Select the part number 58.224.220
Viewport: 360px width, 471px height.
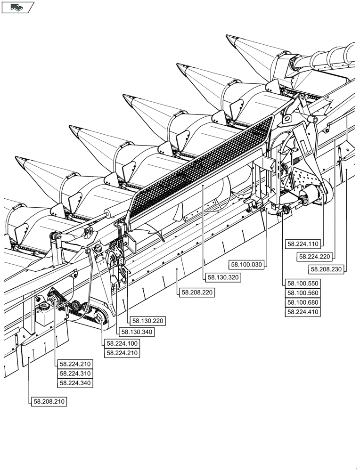pos(315,257)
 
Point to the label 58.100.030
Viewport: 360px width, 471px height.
pos(246,264)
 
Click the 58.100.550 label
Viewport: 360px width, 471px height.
pos(303,284)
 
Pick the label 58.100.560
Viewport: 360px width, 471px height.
pos(303,293)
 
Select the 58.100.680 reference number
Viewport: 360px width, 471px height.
pos(303,302)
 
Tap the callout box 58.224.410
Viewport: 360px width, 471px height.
pos(303,312)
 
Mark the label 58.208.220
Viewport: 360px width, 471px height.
pos(196,292)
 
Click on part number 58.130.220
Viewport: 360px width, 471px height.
pos(148,321)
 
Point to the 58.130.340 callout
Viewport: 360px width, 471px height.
pos(136,332)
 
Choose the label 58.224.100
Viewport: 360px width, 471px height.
pos(123,343)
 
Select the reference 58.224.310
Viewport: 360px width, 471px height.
pos(75,374)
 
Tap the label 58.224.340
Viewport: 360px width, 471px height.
pos(75,383)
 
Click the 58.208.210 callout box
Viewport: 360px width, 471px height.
pos(49,402)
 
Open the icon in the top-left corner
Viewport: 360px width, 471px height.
pos(18,7)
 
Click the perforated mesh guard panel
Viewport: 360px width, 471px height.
pos(203,165)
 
